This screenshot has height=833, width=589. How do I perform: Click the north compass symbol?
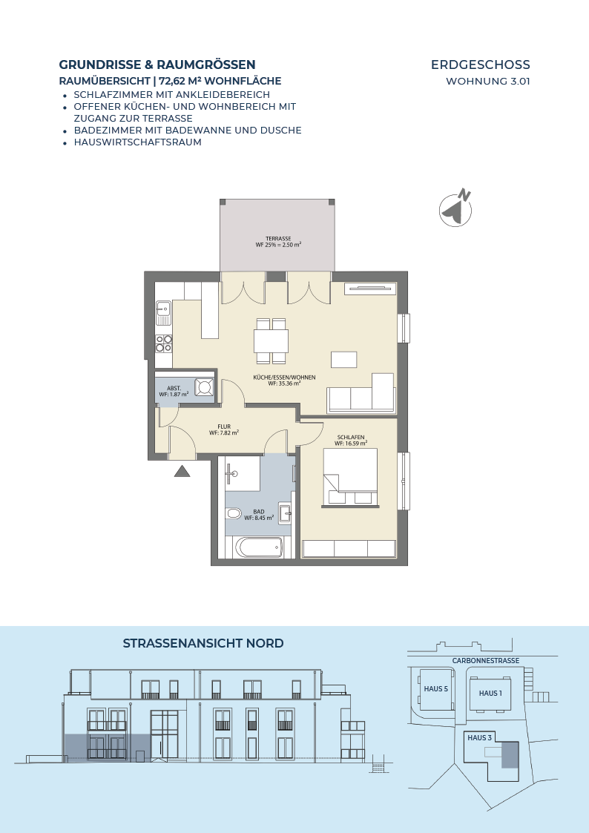[x=455, y=208]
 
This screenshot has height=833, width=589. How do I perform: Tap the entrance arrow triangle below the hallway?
[x=182, y=471]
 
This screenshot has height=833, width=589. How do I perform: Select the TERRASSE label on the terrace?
[x=278, y=239]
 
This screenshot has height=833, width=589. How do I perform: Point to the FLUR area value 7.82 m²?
[x=224, y=433]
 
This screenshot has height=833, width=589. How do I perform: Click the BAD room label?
[x=259, y=512]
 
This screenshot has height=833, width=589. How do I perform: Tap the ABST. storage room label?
[x=174, y=389]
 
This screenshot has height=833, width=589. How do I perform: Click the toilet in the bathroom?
[x=233, y=514]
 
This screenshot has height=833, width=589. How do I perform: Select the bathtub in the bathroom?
[x=259, y=547]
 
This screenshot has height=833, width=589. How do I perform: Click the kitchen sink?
[x=163, y=313]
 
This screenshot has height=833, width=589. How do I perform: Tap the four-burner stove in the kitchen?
[x=164, y=343]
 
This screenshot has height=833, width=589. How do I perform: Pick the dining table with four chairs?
[x=272, y=341]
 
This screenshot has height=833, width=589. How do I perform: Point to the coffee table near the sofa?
[x=343, y=360]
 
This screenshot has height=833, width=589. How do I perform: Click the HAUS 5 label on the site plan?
[x=436, y=689]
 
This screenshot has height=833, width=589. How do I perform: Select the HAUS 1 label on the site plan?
[x=490, y=694]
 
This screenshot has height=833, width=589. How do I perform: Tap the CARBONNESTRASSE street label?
[x=486, y=661]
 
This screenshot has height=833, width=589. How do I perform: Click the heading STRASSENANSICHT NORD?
[x=203, y=643]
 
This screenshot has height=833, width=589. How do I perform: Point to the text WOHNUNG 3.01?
[x=488, y=82]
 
